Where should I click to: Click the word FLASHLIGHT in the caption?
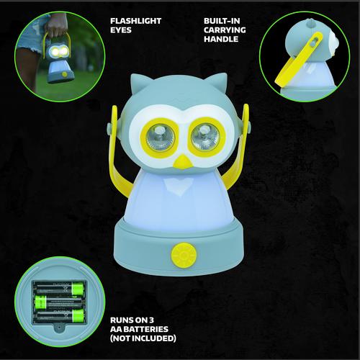(135, 21)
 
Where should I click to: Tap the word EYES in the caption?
(121, 30)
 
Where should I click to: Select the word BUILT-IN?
(222, 21)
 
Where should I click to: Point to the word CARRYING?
(225, 30)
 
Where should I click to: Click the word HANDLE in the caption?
(221, 39)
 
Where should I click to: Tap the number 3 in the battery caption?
(150, 320)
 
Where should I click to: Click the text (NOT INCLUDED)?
(143, 338)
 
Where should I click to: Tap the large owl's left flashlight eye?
(160, 138)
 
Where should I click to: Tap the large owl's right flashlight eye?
(206, 138)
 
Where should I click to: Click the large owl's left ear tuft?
(138, 83)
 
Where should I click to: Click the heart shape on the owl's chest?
(181, 186)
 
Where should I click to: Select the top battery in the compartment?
(60, 288)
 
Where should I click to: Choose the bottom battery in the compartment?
(60, 315)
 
